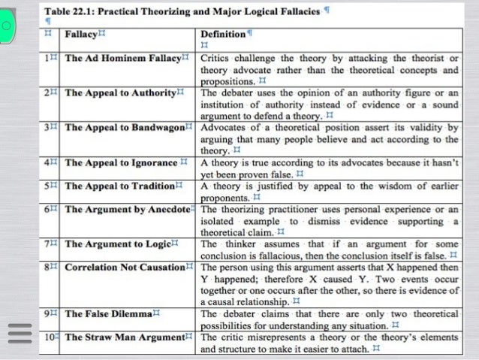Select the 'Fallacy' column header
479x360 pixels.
tap(81, 35)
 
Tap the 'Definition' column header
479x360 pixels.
tap(223, 35)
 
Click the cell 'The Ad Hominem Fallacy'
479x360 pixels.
tap(123, 58)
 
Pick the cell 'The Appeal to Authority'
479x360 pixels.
tap(121, 92)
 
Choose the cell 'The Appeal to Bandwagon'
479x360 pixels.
tap(124, 127)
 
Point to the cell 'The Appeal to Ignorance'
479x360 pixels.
tap(120, 162)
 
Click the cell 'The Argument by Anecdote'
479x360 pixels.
tap(126, 209)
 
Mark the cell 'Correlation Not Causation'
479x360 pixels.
tap(125, 267)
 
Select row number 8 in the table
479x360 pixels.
tap(47, 267)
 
